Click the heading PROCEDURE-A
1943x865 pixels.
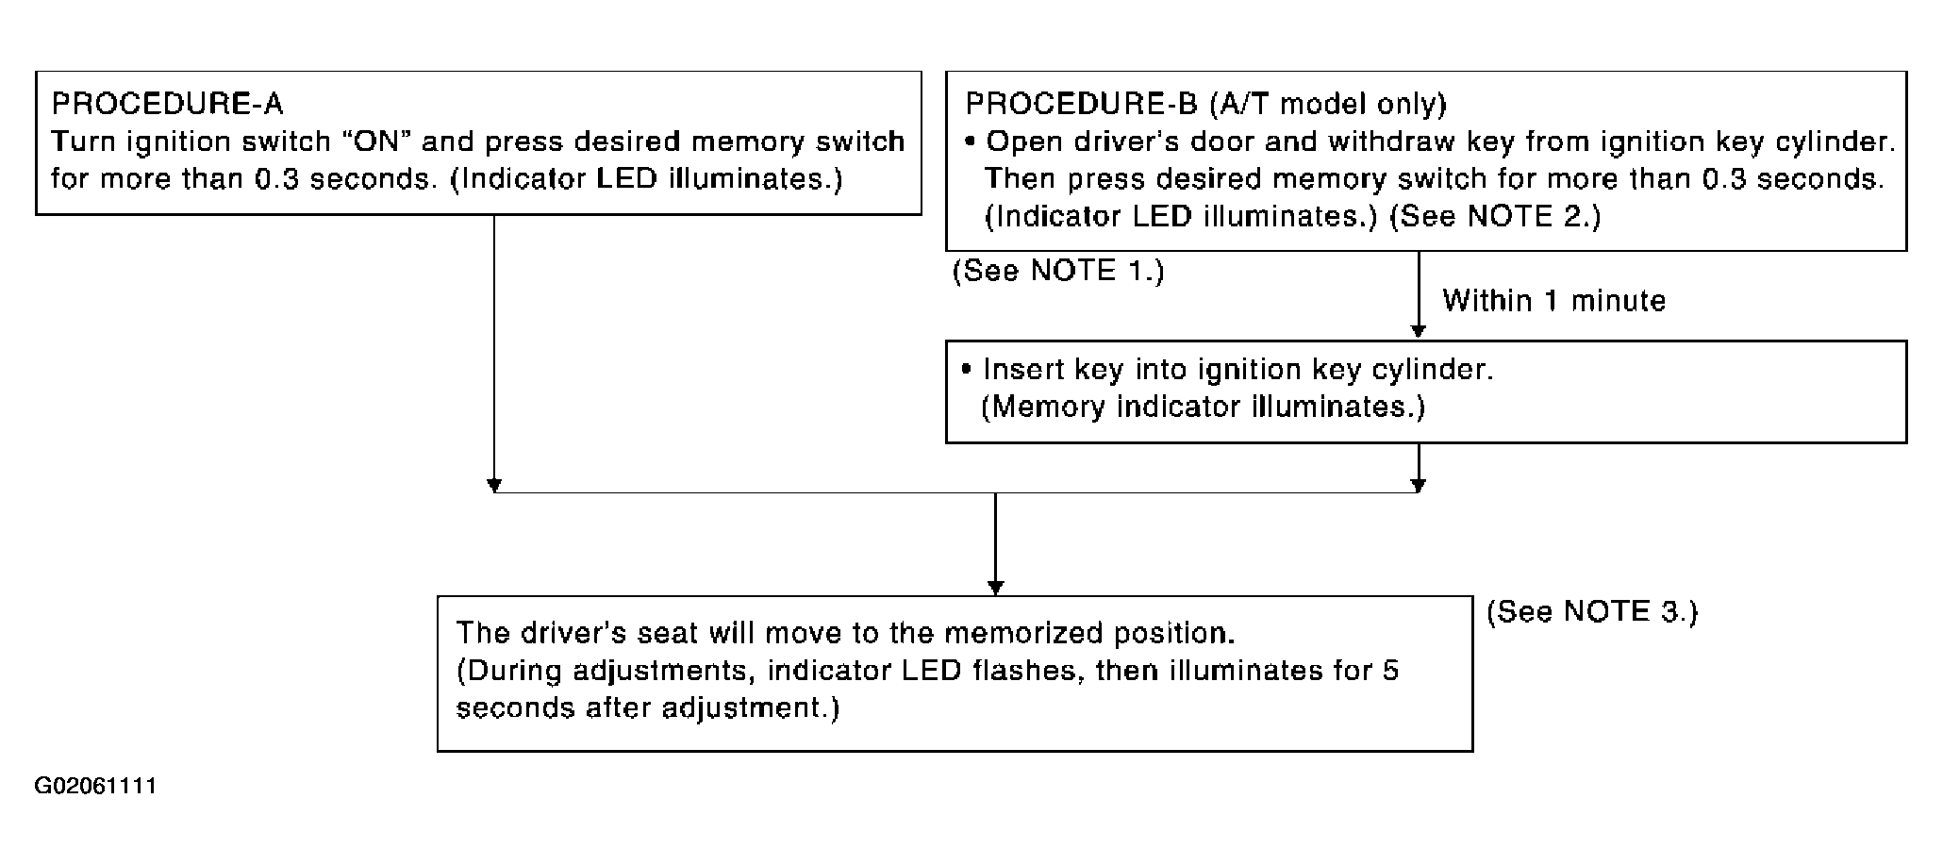coord(167,103)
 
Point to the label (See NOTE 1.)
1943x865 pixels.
coord(1058,271)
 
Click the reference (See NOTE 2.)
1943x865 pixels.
coord(1496,216)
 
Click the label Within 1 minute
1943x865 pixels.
coord(1554,301)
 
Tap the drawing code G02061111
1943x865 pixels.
coord(96,786)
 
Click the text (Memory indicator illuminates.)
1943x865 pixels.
coord(1203,407)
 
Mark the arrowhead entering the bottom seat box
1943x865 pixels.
coord(995,588)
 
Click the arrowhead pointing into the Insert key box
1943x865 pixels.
coord(1417,331)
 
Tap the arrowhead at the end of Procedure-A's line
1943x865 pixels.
coord(493,485)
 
